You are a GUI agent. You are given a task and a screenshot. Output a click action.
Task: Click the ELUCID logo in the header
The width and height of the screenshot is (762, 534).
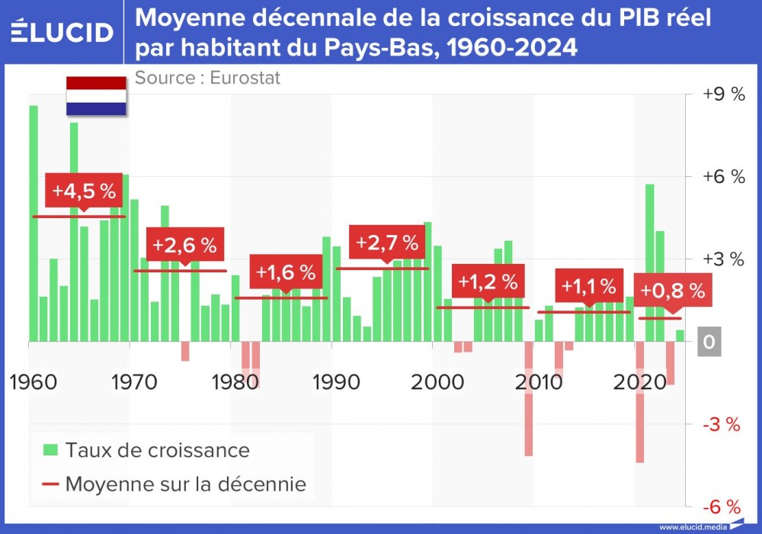[62, 31]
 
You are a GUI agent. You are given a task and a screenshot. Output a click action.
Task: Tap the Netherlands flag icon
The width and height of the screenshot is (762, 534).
[96, 96]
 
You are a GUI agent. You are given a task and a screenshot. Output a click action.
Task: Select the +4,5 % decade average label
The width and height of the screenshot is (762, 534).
[83, 190]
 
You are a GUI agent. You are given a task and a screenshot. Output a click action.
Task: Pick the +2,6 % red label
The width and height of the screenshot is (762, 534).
[185, 245]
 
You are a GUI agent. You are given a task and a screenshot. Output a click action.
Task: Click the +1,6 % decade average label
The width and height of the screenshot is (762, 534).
[286, 272]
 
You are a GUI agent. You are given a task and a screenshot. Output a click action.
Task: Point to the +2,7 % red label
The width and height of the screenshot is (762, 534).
[387, 243]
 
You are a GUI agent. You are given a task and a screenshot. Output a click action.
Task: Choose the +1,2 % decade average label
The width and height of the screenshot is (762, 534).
[488, 281]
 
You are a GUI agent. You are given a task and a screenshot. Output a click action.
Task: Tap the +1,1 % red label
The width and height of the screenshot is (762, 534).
[588, 286]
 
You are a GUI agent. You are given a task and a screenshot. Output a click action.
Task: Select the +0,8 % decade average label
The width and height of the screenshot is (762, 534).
[671, 291]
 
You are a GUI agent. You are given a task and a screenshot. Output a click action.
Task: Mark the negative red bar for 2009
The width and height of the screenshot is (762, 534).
[528, 398]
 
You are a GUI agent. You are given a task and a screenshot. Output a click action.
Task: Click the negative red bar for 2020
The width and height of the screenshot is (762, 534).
[640, 402]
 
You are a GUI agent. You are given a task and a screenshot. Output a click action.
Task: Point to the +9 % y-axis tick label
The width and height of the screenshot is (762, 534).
[722, 95]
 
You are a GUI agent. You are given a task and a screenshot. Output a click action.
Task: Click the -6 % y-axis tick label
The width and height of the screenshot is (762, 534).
[722, 507]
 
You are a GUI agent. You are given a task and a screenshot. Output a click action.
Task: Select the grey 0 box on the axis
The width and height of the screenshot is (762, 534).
[709, 343]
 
